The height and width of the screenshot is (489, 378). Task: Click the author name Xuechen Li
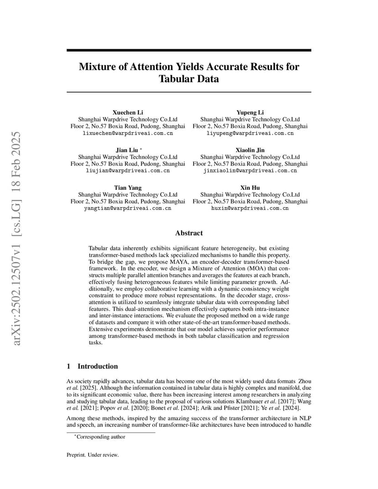pos(127,112)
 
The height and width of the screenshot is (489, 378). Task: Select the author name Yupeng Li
pos(250,112)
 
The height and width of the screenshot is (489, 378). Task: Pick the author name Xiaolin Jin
pos(250,150)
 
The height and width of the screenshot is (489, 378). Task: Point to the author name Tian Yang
pos(127,187)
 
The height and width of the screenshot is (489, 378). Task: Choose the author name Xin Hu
pos(250,187)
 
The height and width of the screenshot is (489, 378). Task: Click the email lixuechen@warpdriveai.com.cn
pos(127,133)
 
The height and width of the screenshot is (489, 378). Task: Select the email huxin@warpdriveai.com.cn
pos(250,208)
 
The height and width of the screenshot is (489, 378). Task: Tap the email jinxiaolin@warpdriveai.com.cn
pos(250,171)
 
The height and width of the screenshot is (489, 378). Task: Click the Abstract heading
pos(189,233)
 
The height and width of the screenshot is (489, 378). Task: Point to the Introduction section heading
pos(97,366)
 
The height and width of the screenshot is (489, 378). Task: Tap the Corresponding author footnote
pos(100,437)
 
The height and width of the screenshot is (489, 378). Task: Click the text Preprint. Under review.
pos(92,455)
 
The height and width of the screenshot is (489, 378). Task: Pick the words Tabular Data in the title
pos(189,79)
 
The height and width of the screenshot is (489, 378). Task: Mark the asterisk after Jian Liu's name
pos(141,149)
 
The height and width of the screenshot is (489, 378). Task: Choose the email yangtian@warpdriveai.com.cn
pos(127,208)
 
